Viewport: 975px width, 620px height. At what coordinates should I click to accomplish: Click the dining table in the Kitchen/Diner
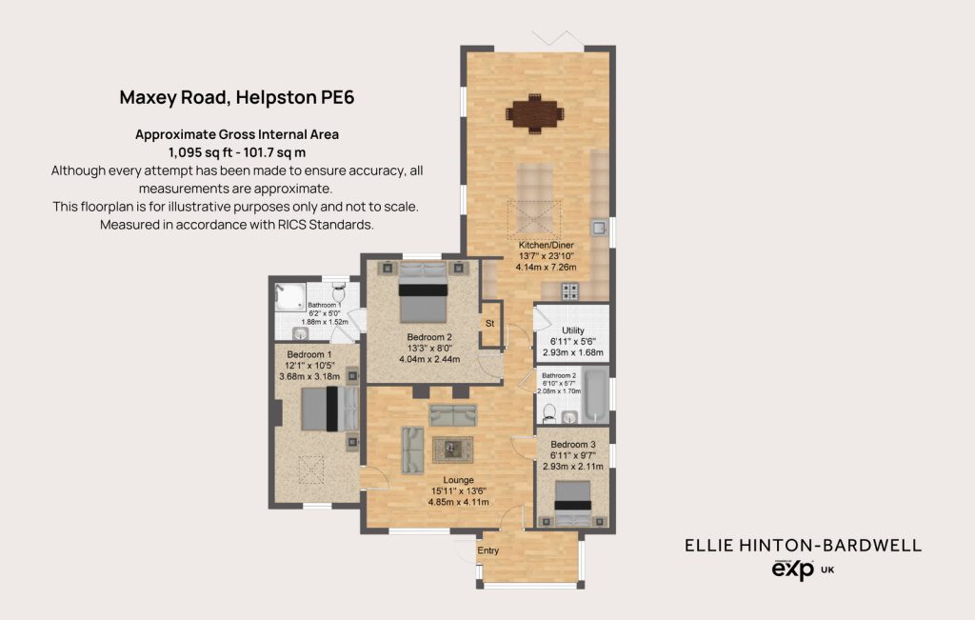pyautogui.click(x=535, y=113)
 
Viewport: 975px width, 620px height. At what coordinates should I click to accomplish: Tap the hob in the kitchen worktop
pyautogui.click(x=570, y=290)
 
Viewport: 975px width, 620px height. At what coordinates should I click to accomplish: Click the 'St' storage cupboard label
pyautogui.click(x=490, y=324)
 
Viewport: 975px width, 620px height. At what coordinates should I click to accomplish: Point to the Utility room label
pyautogui.click(x=572, y=330)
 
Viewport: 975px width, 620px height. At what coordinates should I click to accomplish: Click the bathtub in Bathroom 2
pyautogui.click(x=596, y=395)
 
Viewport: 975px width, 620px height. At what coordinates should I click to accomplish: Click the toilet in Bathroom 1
pyautogui.click(x=339, y=291)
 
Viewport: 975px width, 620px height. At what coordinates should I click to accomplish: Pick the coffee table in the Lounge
pyautogui.click(x=452, y=449)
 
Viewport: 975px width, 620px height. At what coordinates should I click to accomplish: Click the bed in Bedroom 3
pyautogui.click(x=572, y=504)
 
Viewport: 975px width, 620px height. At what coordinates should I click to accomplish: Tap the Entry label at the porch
pyautogui.click(x=488, y=550)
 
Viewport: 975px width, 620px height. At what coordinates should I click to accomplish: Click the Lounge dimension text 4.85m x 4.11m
pyautogui.click(x=458, y=502)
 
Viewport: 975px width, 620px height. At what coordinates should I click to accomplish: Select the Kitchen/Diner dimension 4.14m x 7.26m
pyautogui.click(x=546, y=267)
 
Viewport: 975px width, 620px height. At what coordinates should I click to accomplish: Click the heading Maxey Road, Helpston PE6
pyautogui.click(x=237, y=98)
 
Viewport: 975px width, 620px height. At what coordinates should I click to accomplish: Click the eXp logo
pyautogui.click(x=793, y=569)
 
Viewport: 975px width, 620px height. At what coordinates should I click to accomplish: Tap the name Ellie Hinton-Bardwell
pyautogui.click(x=803, y=546)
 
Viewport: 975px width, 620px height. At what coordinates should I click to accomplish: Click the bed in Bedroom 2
pyautogui.click(x=423, y=292)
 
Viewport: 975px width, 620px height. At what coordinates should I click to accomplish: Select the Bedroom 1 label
pyautogui.click(x=309, y=354)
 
